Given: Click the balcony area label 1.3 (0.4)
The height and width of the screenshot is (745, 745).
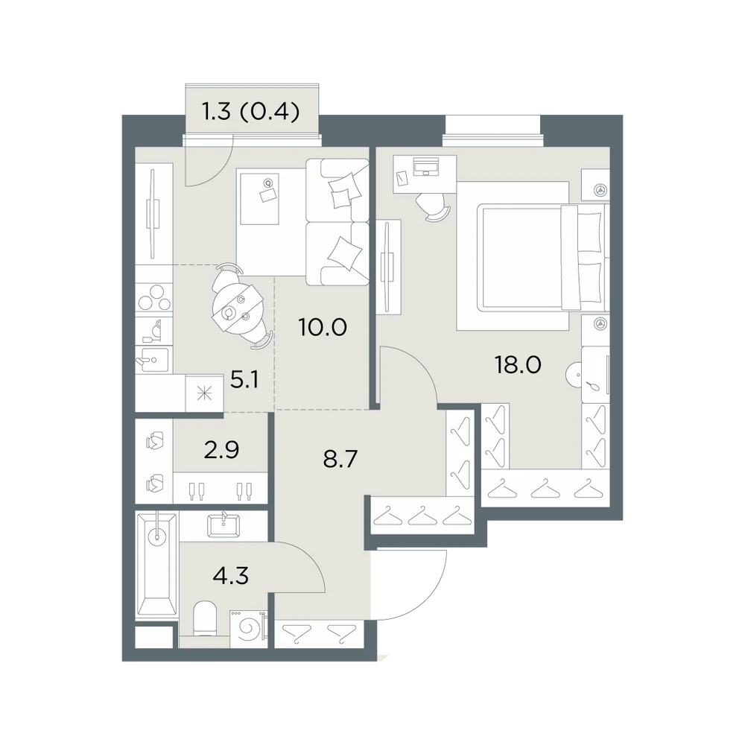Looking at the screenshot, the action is click(251, 112).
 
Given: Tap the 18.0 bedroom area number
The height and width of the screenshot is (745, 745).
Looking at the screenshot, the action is click(518, 365).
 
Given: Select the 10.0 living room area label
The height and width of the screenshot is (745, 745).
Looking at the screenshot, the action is click(323, 327).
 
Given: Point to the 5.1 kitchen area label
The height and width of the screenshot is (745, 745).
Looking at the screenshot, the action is click(244, 380).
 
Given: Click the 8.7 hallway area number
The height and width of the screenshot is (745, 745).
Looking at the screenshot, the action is click(340, 460).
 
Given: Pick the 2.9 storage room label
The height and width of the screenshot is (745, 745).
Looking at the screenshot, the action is click(221, 450).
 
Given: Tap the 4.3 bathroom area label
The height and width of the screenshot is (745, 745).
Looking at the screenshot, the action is click(231, 577).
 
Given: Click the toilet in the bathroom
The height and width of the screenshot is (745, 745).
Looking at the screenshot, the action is click(206, 618).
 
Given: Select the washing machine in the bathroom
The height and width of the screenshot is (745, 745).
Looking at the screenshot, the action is click(248, 629).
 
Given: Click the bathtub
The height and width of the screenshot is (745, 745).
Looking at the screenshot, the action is click(156, 565).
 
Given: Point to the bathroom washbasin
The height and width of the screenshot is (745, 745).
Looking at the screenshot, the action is click(223, 525).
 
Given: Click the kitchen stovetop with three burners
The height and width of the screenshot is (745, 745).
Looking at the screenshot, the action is click(154, 298).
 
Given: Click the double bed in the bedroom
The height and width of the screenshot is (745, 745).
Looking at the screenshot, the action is click(542, 257).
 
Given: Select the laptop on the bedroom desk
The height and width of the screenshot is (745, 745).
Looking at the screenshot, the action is click(427, 167).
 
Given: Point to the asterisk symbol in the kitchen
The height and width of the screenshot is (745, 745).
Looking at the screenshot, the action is click(205, 393).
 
